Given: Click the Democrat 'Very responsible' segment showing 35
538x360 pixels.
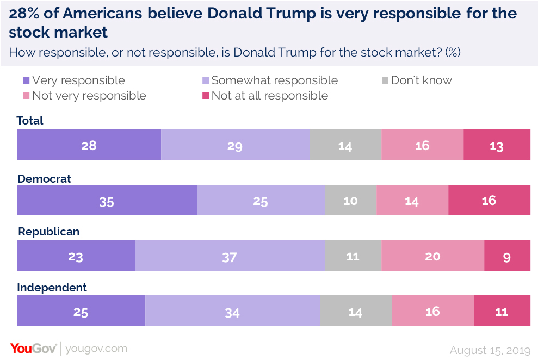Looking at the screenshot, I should click(x=107, y=200).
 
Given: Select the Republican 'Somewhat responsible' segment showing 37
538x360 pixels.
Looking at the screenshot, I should click(x=230, y=256).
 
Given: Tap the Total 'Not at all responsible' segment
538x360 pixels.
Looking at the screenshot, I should click(x=497, y=145).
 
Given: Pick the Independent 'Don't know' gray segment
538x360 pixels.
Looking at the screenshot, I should click(x=355, y=311).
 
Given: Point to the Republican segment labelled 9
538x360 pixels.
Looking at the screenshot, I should click(x=507, y=256).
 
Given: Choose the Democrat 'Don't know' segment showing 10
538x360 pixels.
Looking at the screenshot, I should click(x=350, y=200).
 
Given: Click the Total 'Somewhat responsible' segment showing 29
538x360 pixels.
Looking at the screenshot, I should click(x=235, y=145).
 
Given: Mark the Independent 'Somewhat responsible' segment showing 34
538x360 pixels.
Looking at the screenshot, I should click(x=232, y=311).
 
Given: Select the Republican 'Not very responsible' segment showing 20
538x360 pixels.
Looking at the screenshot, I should click(x=432, y=256).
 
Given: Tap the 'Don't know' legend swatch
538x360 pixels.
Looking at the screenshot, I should click(x=385, y=81).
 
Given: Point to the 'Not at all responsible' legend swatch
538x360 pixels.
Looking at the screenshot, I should click(x=206, y=96).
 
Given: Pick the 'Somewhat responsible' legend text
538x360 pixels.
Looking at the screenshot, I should click(x=274, y=80).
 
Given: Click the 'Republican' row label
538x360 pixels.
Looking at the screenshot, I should click(x=48, y=232).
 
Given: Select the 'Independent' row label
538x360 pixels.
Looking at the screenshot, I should click(x=52, y=288).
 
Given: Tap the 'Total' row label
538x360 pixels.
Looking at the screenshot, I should click(x=30, y=121).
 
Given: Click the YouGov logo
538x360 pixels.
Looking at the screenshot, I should click(x=33, y=349).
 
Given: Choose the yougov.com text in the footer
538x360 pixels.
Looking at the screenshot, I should click(x=96, y=349).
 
